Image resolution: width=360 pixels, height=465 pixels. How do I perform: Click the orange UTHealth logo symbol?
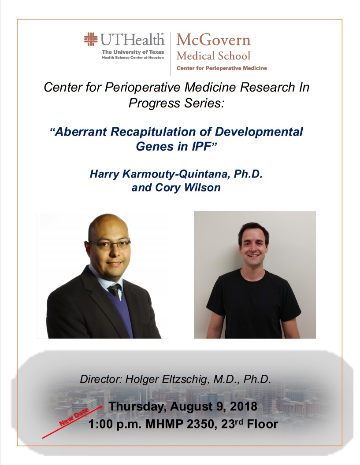[91, 39]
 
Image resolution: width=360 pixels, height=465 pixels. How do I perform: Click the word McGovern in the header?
[213, 40]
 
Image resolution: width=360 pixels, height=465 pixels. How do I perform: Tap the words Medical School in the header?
[213, 55]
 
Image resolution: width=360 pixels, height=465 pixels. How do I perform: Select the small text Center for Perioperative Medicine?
[222, 68]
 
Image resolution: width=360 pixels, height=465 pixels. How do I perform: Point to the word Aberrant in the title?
[81, 132]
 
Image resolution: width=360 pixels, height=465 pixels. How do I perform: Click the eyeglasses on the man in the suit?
[110, 244]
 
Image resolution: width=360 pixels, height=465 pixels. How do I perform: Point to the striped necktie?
[115, 290]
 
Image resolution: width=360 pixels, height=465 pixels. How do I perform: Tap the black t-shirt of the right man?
[253, 303]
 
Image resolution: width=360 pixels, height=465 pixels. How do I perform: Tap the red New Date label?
[74, 417]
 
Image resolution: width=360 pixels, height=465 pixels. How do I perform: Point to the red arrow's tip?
[103, 406]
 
